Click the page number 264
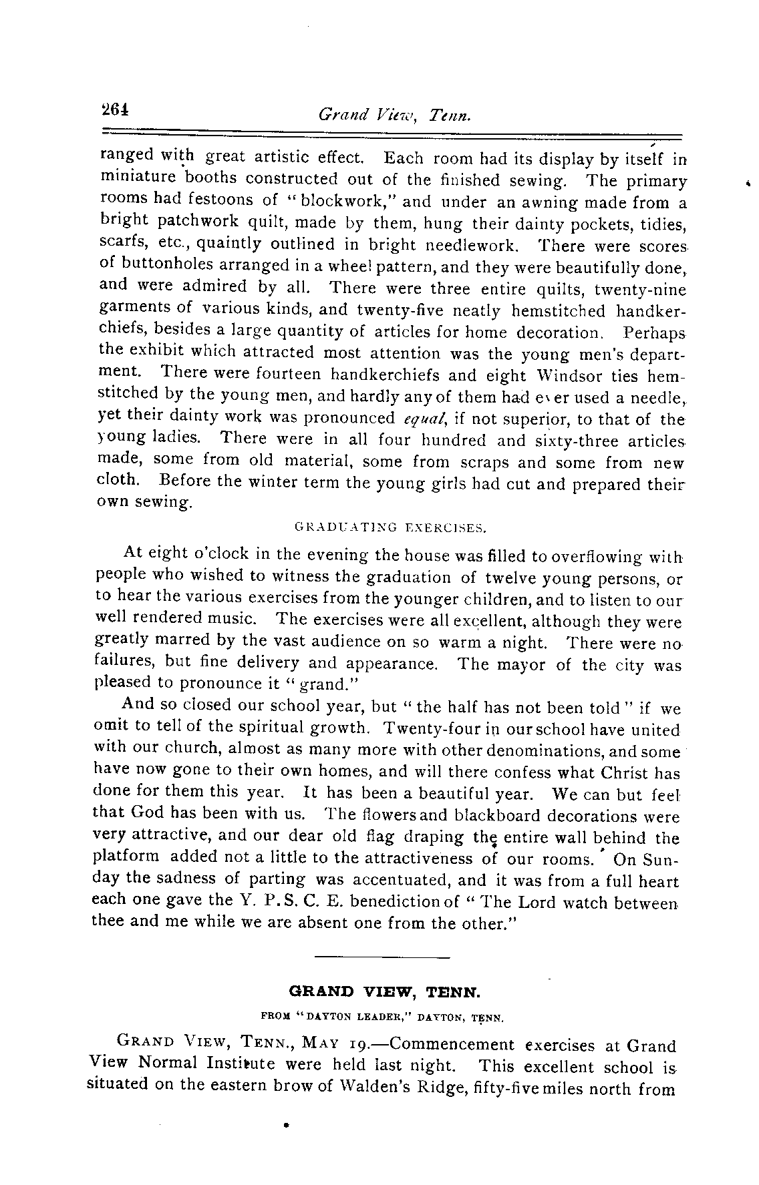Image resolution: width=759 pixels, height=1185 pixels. click(x=114, y=109)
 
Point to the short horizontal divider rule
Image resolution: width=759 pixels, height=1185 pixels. click(x=382, y=957)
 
